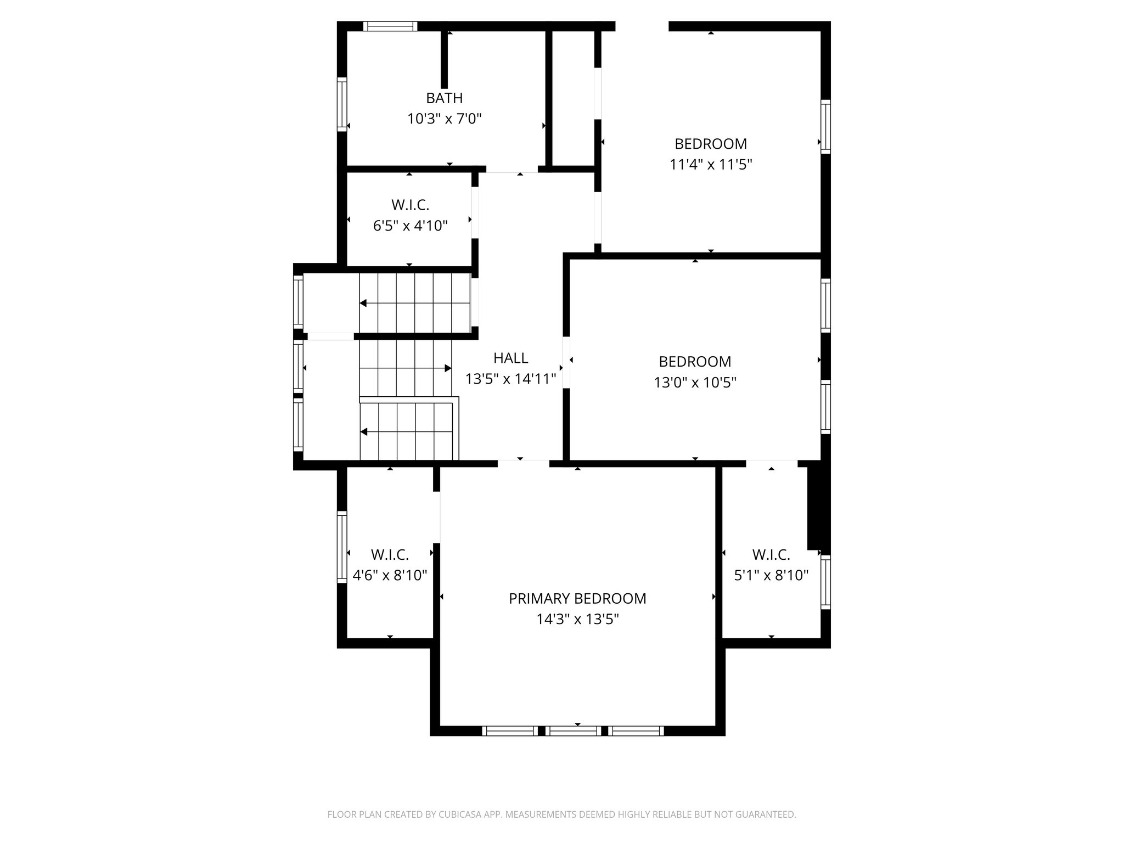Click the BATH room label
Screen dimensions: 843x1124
tap(444, 98)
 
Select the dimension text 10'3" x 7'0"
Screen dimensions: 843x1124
tap(444, 119)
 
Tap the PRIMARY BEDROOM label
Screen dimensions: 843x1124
tap(577, 599)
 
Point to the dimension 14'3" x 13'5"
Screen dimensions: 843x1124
tap(577, 620)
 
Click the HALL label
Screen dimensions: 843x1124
tap(510, 358)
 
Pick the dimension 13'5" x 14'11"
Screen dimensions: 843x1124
tap(510, 379)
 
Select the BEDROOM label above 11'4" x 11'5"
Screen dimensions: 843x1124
tap(710, 144)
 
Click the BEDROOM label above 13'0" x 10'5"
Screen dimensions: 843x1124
tap(695, 362)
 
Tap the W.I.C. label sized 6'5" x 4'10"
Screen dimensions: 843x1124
tap(410, 205)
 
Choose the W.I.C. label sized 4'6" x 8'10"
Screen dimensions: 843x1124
tap(390, 555)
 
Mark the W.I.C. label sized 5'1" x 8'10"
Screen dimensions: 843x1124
tap(771, 555)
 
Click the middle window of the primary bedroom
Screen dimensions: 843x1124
tap(573, 730)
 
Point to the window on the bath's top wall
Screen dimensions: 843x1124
tap(390, 26)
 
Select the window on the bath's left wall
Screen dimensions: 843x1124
tap(342, 104)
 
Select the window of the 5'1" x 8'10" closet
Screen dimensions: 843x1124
tap(825, 582)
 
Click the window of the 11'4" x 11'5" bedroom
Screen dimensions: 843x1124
tap(825, 126)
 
